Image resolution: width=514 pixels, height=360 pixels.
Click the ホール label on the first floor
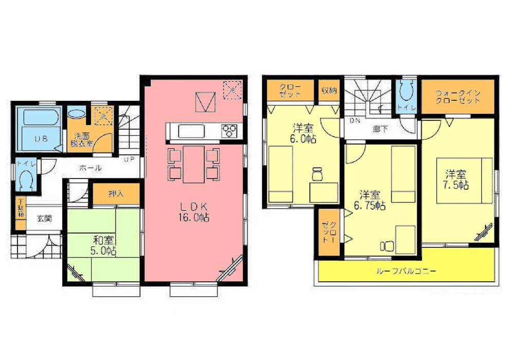pyautogui.click(x=90, y=168)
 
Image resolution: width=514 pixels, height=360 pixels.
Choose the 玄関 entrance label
pyautogui.click(x=44, y=218)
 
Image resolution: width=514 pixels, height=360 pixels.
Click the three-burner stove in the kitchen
pyautogui.click(x=229, y=131)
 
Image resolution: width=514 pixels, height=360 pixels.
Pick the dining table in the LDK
pyautogui.click(x=194, y=164)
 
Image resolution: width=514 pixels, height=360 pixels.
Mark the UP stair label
pyautogui.click(x=128, y=159)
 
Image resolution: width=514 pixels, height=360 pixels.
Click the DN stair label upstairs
pyautogui.click(x=355, y=121)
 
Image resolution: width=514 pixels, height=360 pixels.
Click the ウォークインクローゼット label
pyautogui.click(x=457, y=97)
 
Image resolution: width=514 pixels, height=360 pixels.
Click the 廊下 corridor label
pyautogui.click(x=380, y=129)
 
